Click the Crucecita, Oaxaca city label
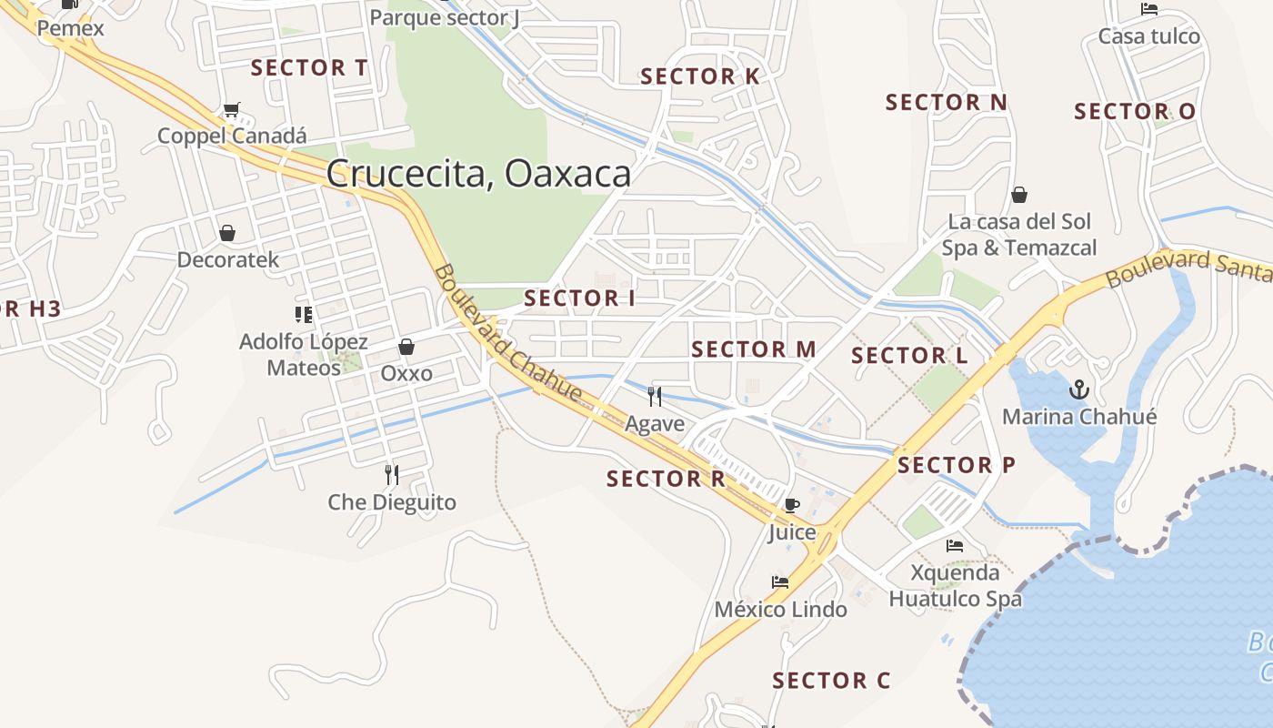point(478,174)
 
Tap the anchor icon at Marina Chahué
point(1078,389)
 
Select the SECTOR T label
point(309,68)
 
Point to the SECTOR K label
point(699,77)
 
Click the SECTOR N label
point(946,103)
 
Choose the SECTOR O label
point(1135,112)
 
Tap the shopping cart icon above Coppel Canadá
point(231,110)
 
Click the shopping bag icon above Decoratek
point(227,233)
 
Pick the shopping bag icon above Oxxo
point(406,347)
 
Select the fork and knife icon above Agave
point(654,396)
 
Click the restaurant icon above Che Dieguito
point(391,474)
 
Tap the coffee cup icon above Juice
point(791,505)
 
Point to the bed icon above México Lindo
point(779,582)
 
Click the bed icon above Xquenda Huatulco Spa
point(954,546)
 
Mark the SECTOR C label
point(830,681)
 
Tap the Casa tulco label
point(1148,37)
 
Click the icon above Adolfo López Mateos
point(303,315)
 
